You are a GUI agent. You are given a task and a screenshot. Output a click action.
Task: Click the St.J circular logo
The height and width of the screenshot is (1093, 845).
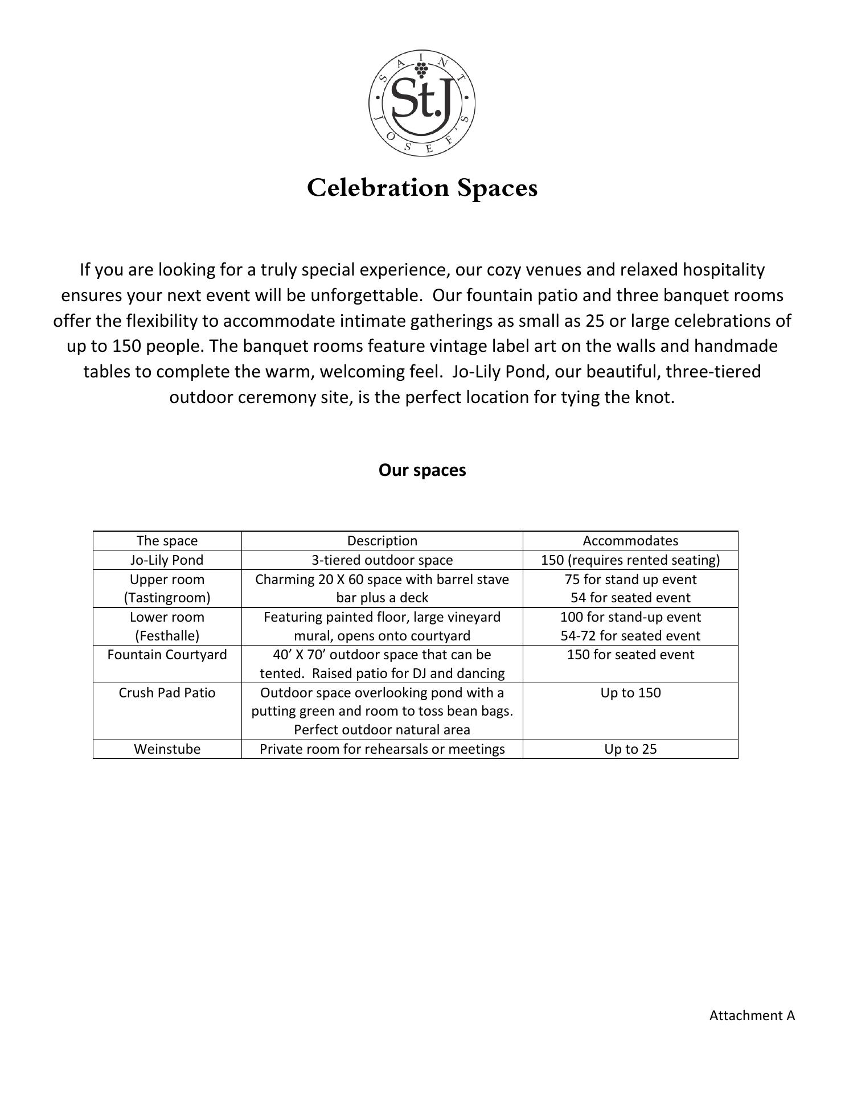tap(422, 103)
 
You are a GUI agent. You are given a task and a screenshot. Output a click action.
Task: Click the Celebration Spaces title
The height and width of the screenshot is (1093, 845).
tap(422, 188)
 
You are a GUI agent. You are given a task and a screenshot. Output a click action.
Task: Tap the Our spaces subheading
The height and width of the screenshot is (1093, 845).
tap(422, 470)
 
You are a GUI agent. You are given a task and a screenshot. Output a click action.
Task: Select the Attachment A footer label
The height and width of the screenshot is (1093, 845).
tap(752, 1015)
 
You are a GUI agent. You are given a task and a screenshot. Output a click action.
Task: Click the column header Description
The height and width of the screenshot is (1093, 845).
tap(382, 541)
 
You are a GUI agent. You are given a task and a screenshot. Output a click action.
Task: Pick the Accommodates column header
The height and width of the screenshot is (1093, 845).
tap(630, 541)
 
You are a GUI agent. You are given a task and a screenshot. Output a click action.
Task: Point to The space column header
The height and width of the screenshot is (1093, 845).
tap(167, 541)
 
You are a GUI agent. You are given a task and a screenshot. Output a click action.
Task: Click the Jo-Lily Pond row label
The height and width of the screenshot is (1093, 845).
tap(167, 560)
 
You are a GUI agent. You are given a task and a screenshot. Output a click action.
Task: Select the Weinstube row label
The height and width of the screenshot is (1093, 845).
tap(167, 749)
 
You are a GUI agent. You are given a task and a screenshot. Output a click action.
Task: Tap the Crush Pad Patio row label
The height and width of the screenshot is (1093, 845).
tap(167, 693)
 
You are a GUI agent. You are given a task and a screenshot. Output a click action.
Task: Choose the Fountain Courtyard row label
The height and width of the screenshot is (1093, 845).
tap(167, 655)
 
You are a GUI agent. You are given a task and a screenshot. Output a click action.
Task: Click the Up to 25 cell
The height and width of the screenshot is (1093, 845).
tap(630, 749)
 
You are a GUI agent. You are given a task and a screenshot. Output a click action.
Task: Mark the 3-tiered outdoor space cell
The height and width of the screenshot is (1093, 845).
tap(382, 560)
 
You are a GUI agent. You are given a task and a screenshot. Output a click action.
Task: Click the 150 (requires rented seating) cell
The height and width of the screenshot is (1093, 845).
tap(630, 560)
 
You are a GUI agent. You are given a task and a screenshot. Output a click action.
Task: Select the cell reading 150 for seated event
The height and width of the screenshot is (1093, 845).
tap(630, 655)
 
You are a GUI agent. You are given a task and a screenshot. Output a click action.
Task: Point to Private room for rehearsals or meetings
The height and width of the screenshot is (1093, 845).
tap(382, 749)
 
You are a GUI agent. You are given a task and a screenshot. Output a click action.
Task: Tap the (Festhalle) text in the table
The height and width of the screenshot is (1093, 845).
tap(167, 636)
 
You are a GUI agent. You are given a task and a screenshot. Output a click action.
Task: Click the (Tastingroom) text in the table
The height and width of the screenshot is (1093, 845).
tap(167, 598)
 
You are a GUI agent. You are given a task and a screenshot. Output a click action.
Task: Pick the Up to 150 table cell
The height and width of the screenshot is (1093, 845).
tap(630, 693)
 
